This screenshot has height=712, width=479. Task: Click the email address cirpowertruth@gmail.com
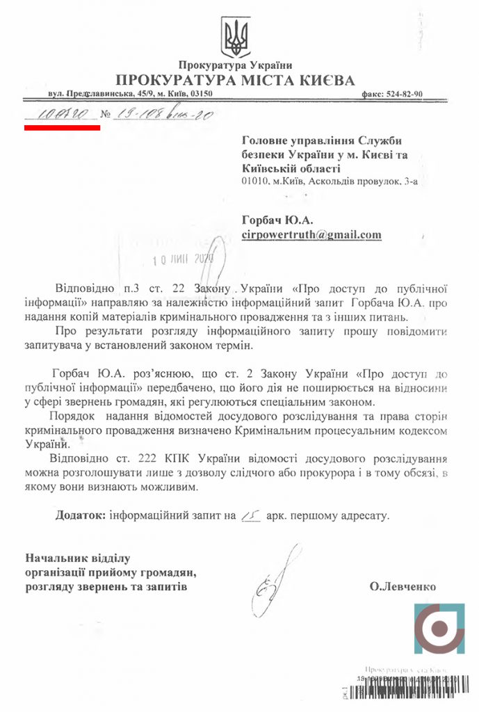point(311,234)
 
